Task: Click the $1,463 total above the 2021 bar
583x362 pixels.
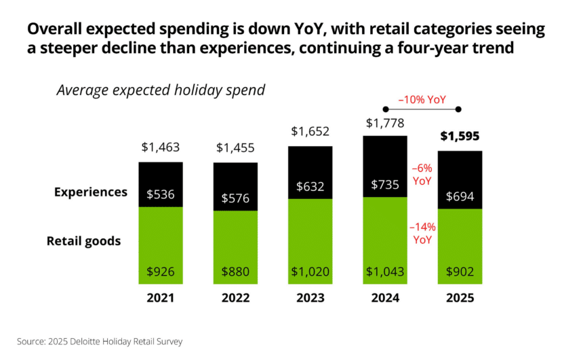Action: point(161,147)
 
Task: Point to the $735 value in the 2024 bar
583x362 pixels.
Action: point(384,185)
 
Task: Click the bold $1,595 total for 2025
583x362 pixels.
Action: point(460,136)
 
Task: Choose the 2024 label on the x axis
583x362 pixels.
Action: point(384,298)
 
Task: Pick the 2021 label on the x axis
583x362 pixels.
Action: point(161,298)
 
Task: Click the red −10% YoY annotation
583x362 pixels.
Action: point(422,99)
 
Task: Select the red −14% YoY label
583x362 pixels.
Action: point(422,233)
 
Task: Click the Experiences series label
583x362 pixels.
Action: point(91,192)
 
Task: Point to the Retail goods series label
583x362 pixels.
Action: point(84,240)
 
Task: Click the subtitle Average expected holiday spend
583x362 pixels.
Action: point(161,90)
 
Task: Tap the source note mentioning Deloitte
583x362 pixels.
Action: point(100,342)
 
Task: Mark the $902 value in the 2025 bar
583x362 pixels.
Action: point(460,272)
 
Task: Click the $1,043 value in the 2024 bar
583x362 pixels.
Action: point(384,272)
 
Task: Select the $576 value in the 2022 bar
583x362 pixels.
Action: point(235,199)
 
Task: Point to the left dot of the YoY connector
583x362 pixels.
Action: point(385,109)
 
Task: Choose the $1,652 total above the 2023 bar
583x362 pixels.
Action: point(310,131)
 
